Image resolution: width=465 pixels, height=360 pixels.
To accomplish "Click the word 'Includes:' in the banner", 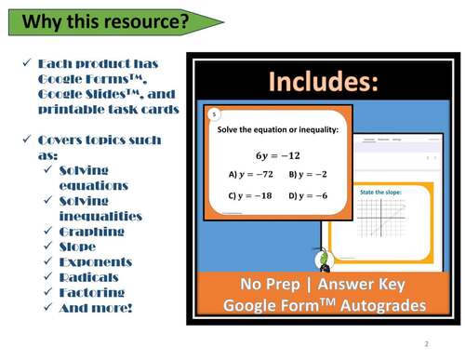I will point(323,83).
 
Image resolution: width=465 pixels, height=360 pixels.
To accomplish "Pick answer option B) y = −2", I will point(308,174).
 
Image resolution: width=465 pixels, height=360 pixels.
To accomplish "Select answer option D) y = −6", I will point(308,195).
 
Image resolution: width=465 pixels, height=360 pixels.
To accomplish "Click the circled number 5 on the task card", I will point(214,113).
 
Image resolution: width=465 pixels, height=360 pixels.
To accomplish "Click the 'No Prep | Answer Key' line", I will point(324,285).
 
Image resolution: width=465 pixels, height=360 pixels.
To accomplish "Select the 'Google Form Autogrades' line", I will point(324,306).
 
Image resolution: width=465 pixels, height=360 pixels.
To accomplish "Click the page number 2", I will point(425,343).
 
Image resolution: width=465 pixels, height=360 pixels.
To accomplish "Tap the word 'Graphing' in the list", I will point(91,232).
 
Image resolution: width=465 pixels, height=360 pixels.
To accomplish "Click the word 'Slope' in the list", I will point(78,247).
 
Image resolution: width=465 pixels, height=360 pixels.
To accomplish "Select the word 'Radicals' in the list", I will point(88,277).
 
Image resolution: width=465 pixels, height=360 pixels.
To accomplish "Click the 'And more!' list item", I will point(95,308).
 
